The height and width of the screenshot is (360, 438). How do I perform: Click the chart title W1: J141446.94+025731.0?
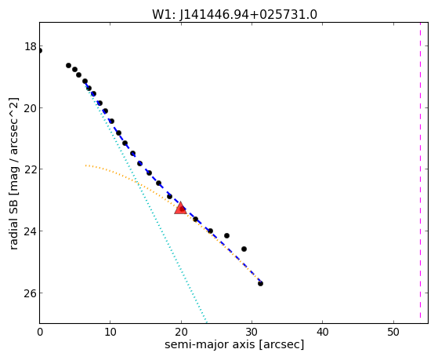[x=234, y=14]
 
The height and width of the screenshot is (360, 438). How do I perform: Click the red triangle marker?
[x=180, y=208]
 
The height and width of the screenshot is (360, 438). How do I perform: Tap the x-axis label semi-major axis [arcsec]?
[x=234, y=344]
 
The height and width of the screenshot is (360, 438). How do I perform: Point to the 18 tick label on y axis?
[x=31, y=46]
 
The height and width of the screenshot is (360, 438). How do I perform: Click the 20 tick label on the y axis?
[x=31, y=108]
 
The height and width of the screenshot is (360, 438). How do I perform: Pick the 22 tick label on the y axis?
[x=31, y=169]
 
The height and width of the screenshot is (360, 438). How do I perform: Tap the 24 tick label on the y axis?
[x=31, y=231]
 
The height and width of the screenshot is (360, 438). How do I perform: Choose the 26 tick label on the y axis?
[x=31, y=293]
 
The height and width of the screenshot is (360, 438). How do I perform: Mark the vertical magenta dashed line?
[x=420, y=173]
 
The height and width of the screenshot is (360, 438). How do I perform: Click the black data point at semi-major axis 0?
[x=40, y=51]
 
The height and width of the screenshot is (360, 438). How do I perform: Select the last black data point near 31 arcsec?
[x=260, y=283]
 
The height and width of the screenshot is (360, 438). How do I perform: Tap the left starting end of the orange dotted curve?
[x=86, y=165]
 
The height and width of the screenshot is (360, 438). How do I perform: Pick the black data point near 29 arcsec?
[x=244, y=249]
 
